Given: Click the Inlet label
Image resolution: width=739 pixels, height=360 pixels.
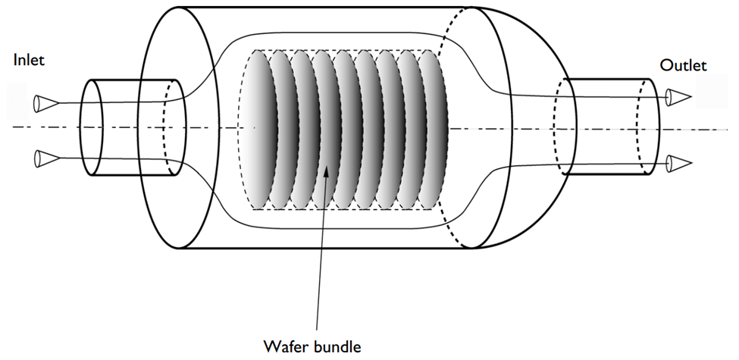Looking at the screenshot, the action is (x=30, y=61).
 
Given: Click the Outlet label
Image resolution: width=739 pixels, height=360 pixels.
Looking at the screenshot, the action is (x=684, y=65).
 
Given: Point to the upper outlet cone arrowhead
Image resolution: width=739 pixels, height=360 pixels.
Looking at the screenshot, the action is (x=678, y=98).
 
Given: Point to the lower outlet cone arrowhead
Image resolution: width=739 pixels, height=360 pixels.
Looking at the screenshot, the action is (x=678, y=164).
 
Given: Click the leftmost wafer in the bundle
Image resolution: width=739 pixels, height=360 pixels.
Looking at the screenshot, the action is (x=259, y=129).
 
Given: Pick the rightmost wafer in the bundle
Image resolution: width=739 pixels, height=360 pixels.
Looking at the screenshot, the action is (x=432, y=129).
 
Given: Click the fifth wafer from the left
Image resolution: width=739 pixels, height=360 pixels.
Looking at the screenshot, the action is (x=346, y=129).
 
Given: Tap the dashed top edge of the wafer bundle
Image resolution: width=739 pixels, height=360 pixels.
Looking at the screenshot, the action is (x=343, y=50).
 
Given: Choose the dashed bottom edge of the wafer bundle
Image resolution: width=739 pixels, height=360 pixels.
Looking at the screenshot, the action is (x=343, y=209).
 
